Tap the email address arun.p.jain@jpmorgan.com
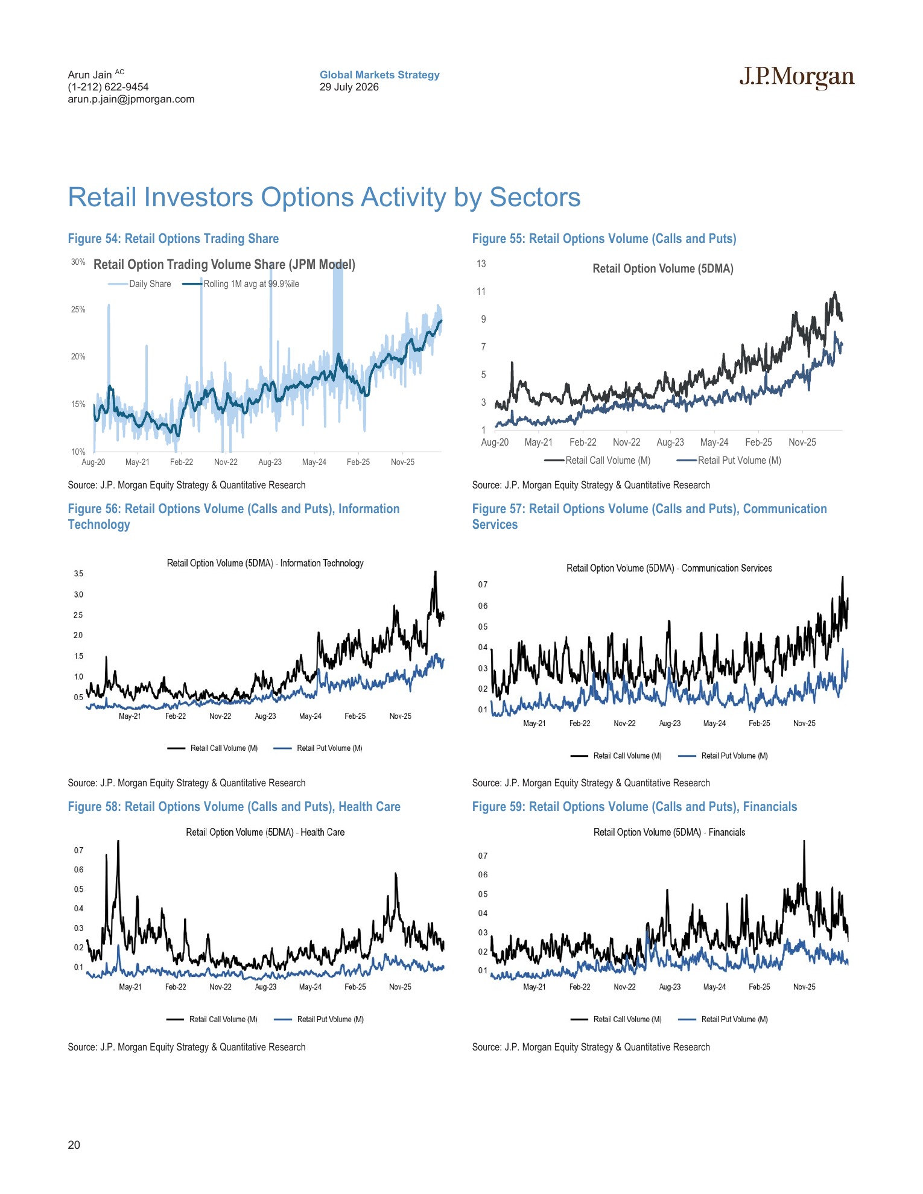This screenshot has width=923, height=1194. (x=131, y=99)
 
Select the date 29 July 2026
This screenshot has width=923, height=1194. (x=349, y=87)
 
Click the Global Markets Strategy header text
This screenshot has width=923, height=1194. (x=379, y=75)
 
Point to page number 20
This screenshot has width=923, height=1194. (x=74, y=1145)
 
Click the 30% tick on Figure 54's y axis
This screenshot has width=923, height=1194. (x=78, y=262)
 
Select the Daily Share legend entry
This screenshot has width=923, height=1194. (x=139, y=284)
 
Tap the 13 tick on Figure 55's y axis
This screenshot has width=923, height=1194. (x=481, y=264)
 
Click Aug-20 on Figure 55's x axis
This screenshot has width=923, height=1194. (x=495, y=442)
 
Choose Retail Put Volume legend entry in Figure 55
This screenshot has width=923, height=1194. (x=729, y=460)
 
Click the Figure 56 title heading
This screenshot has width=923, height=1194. (x=233, y=516)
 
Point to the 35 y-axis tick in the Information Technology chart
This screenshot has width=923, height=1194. (x=78, y=573)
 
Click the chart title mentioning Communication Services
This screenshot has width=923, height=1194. (x=669, y=568)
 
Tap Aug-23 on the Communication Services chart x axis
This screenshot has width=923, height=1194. (x=670, y=723)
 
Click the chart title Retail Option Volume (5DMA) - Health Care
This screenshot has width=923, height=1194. (x=265, y=832)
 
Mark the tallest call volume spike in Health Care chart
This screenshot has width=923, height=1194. (x=118, y=842)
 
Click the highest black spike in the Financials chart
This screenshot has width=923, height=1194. (x=804, y=842)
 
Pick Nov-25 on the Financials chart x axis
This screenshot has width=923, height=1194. (x=804, y=987)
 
